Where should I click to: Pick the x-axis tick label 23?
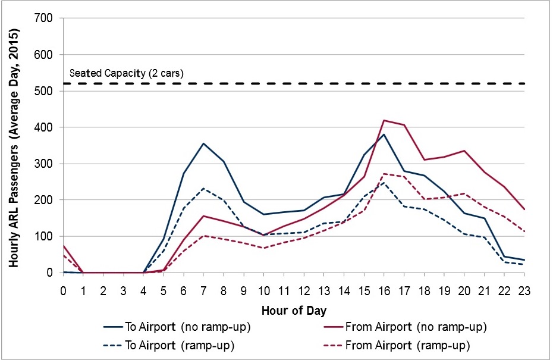point(524,290)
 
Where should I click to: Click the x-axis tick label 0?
point(63,290)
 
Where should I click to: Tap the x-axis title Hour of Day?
point(293,310)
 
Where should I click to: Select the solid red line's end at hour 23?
point(524,209)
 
